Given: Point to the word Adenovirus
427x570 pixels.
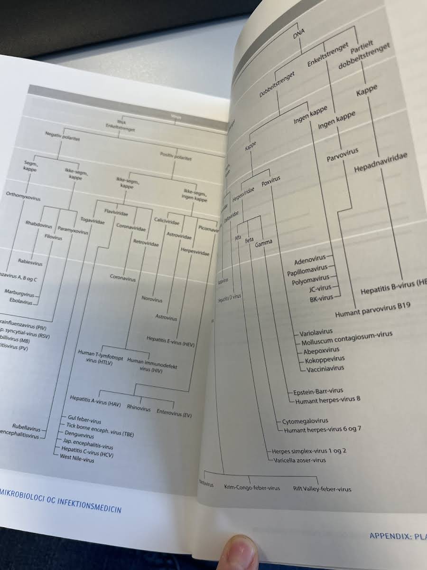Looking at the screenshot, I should tap(310, 262).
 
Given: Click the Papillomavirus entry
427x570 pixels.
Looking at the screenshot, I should tap(307, 272).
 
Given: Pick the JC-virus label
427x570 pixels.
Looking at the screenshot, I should tap(320, 288).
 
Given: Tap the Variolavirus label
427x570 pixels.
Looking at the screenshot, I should tap(316, 332).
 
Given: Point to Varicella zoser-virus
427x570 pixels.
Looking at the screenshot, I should tap(299, 460).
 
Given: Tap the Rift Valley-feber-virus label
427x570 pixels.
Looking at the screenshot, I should tap(322, 489).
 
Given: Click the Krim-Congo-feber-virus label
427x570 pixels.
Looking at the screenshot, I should tap(252, 488).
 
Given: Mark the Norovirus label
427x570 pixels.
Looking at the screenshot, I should tap(152, 300).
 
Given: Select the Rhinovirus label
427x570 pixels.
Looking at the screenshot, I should tap(139, 408).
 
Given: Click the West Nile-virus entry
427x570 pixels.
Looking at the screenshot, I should tap(77, 460).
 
